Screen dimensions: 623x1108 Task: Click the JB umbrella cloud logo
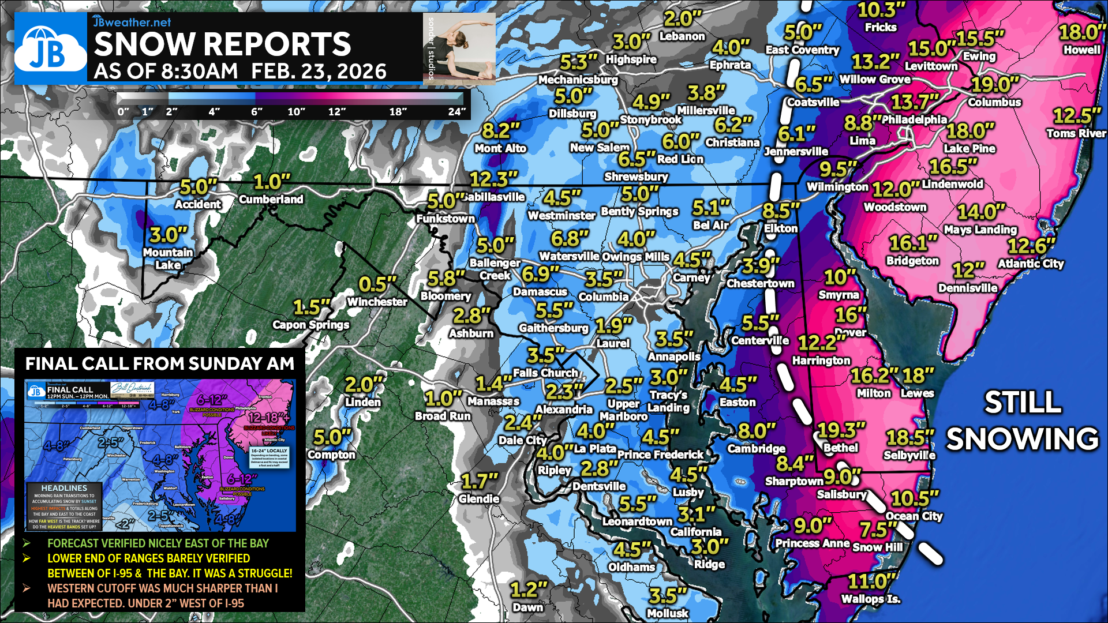pyautogui.click(x=50, y=49)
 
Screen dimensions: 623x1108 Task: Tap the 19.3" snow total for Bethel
pyautogui.click(x=841, y=430)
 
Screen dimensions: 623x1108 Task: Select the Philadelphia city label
pyautogui.click(x=914, y=120)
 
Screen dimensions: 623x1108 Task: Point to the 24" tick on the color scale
pyautogui.click(x=456, y=111)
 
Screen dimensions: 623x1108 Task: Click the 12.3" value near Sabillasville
pyautogui.click(x=493, y=179)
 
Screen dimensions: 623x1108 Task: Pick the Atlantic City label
pyautogui.click(x=1031, y=264)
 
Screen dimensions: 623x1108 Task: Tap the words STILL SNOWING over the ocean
pyautogui.click(x=1022, y=421)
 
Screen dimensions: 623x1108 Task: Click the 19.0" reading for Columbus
pyautogui.click(x=995, y=85)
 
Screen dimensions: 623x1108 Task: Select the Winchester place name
pyautogui.click(x=377, y=302)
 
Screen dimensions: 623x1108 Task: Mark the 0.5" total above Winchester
pyautogui.click(x=377, y=284)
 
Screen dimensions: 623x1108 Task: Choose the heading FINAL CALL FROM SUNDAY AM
pyautogui.click(x=160, y=363)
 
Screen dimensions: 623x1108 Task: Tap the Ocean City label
pyautogui.click(x=914, y=516)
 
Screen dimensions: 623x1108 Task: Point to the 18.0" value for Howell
pyautogui.click(x=1082, y=32)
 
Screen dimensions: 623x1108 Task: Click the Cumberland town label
pyautogui.click(x=271, y=200)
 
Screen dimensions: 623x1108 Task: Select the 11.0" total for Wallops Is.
pyautogui.click(x=871, y=581)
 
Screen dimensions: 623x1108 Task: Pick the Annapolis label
pyautogui.click(x=674, y=356)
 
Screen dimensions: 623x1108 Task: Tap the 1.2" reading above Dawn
pyautogui.click(x=528, y=590)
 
